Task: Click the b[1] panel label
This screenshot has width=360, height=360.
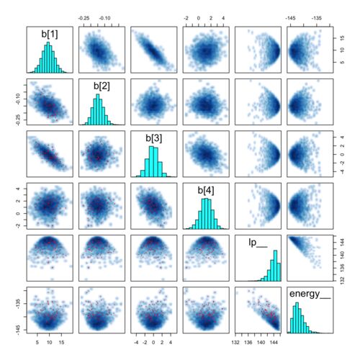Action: [x=50, y=34]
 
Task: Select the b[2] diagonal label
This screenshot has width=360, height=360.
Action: [x=102, y=86]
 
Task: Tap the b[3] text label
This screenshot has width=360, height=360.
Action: [x=154, y=138]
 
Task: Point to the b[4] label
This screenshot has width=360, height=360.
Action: [x=206, y=190]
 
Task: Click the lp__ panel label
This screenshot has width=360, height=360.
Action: [x=258, y=243]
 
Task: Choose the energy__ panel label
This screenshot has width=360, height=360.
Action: [x=310, y=294]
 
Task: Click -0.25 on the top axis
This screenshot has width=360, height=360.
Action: [x=84, y=18]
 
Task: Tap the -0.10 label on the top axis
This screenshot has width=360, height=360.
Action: [x=105, y=18]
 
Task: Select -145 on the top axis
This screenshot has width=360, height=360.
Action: [x=290, y=18]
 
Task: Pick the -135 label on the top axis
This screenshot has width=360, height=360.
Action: [x=317, y=18]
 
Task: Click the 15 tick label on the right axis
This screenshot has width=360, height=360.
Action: [x=343, y=38]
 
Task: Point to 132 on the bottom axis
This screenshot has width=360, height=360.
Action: [x=235, y=343]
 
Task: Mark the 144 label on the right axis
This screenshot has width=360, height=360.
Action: [x=343, y=243]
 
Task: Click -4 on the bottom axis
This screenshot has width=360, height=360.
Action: [x=136, y=343]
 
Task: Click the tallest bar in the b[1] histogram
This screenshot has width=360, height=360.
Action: [x=48, y=58]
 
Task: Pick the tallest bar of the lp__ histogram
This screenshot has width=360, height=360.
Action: [x=275, y=266]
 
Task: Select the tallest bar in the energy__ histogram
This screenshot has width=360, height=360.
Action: [x=297, y=318]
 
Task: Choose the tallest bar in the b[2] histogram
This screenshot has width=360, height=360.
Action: [x=98, y=109]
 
